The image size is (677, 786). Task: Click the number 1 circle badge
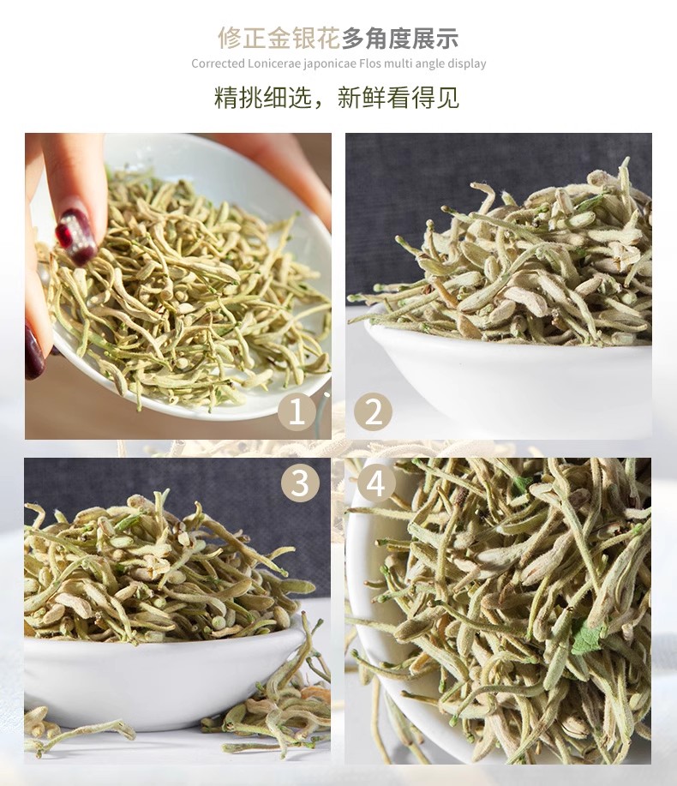pos(297,412)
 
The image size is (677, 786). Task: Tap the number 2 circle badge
pos(373,412)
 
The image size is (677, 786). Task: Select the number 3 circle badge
pos(300,483)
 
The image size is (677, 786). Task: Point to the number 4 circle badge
pos(376,483)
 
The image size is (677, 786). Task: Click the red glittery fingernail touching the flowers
pos(75,236)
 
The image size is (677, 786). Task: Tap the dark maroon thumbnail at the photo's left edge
pos(34,350)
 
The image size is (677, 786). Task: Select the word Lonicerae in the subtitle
pos(267,63)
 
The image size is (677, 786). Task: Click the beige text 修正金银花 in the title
pos(279,39)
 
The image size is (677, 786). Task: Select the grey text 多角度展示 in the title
pos(400,39)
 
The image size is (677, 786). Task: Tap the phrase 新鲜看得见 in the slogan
pos(398,97)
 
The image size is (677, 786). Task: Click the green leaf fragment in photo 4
pos(586,637)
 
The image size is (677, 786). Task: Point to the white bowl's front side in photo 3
pos(160,681)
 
